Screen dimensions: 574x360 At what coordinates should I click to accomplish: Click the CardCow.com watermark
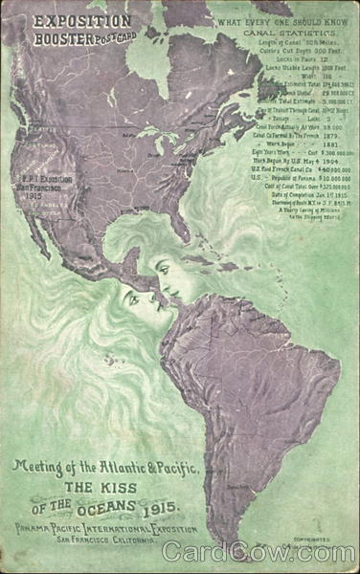[x=259, y=552]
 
